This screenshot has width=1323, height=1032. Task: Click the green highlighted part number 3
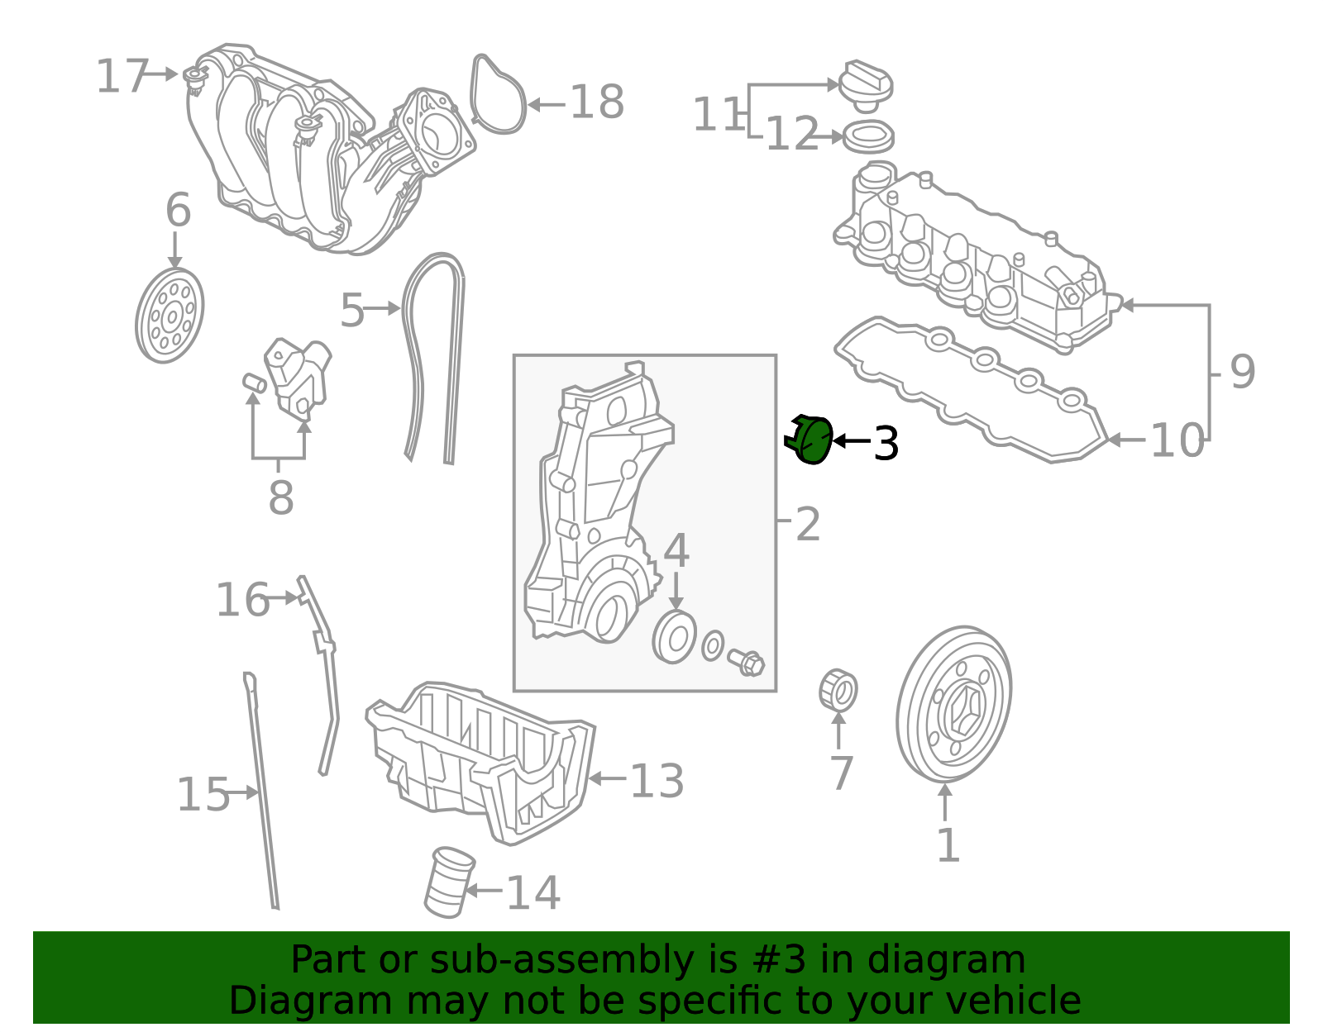[812, 440]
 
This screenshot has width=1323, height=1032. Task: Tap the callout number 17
[122, 77]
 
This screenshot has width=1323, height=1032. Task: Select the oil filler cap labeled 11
[866, 84]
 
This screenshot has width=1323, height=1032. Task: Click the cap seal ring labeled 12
[867, 136]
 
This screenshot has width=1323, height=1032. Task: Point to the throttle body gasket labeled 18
[498, 95]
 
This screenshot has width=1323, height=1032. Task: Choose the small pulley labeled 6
[170, 315]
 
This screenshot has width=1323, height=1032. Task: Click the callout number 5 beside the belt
[351, 311]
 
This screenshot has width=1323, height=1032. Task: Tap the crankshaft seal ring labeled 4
[675, 637]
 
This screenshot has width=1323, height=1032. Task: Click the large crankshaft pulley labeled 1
[953, 705]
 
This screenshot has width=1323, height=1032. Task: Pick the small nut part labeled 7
[838, 691]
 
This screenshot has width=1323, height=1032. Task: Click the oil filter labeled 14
[449, 882]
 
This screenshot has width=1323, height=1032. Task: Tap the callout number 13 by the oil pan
[657, 781]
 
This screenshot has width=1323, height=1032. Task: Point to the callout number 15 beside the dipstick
[203, 795]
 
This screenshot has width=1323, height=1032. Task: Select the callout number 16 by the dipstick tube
[241, 600]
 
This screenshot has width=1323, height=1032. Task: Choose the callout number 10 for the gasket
[1177, 440]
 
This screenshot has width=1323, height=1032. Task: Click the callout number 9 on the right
[1242, 372]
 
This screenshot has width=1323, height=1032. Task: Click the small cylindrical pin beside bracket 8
[254, 383]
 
